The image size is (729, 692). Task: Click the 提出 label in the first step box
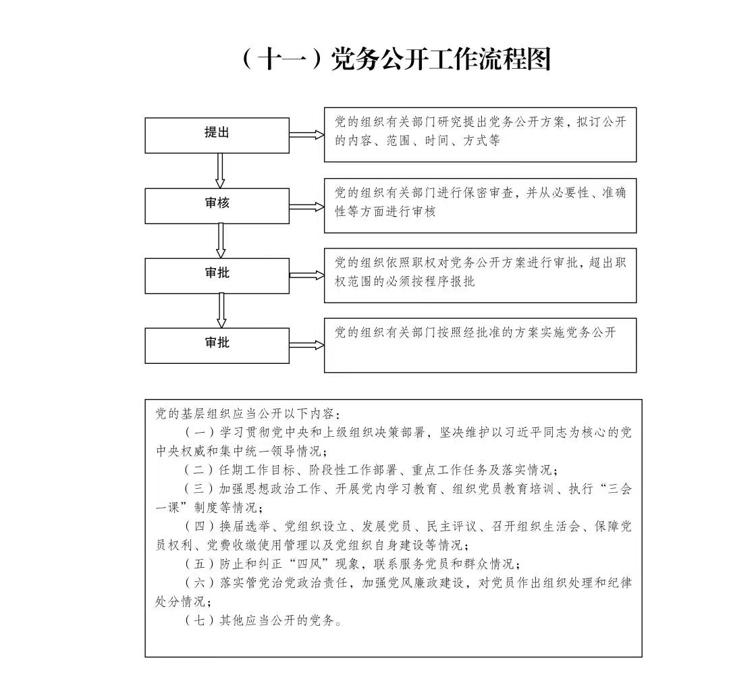tap(217, 132)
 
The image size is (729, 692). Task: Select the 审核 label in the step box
tap(217, 203)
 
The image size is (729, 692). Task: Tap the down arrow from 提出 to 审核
tap(220, 171)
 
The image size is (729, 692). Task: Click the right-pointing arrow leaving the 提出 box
tap(307, 135)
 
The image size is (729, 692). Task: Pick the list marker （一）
tap(199, 433)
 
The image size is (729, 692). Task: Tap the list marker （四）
tap(199, 527)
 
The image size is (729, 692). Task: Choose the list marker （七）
tap(199, 620)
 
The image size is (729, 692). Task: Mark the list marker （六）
tap(199, 583)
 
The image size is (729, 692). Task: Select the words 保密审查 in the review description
tap(488, 192)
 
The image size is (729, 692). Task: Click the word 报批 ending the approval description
tap(462, 282)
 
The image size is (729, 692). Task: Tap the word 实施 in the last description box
tap(553, 332)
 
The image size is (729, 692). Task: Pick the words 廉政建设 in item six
tap(439, 583)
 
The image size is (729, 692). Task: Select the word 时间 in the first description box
tap(437, 140)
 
